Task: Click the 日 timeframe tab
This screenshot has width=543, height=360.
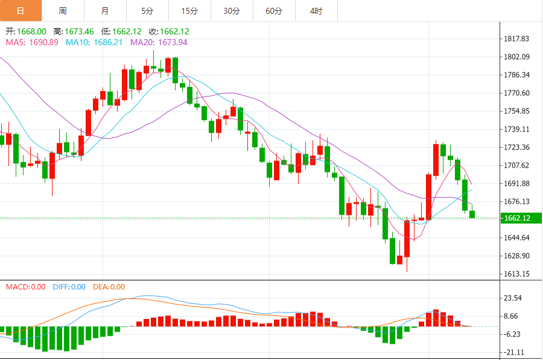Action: pos(21,11)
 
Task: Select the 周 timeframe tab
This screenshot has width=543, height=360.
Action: pos(63,11)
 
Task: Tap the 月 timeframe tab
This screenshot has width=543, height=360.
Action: pos(106,11)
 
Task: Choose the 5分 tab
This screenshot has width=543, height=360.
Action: pos(148,11)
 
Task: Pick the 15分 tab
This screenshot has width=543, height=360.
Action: pos(189,11)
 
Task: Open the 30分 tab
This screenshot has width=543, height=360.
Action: pos(232,11)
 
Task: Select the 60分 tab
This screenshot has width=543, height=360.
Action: pos(274,11)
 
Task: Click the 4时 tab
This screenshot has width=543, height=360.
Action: pos(316,11)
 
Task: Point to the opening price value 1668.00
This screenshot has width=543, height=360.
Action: pos(32,31)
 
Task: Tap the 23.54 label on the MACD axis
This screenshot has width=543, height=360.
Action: pos(514,298)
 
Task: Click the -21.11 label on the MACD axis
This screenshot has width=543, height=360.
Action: pos(514,352)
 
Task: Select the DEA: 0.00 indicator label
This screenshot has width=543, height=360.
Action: pos(109,287)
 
